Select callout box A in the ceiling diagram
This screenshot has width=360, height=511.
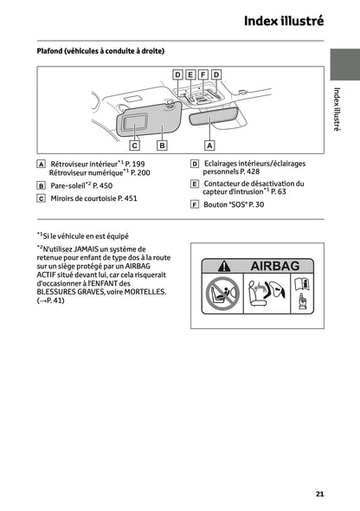click(x=209, y=146)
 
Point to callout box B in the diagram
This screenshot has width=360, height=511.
click(x=161, y=146)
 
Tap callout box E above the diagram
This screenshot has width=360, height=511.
click(x=190, y=75)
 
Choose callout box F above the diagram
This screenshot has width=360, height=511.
click(x=203, y=75)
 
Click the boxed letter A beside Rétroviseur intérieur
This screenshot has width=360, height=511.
click(x=42, y=164)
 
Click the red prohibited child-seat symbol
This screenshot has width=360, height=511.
click(x=222, y=294)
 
